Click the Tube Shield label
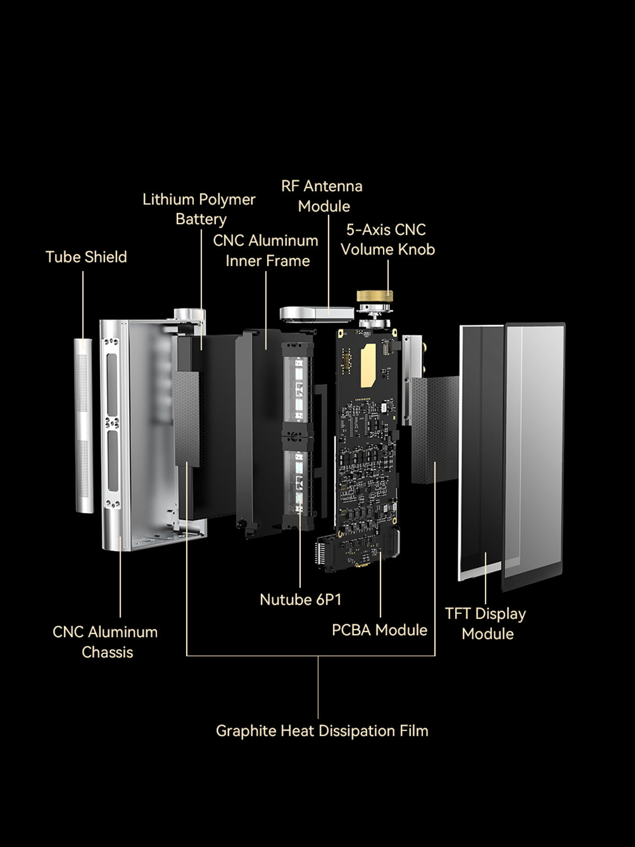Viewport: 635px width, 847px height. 86,257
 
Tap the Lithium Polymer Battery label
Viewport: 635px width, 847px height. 199,209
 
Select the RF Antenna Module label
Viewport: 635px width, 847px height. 322,196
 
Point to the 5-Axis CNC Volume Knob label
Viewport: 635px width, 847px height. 387,239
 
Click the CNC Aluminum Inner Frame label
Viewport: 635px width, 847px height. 266,250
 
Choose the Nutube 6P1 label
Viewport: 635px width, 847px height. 301,599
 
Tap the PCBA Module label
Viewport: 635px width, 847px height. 379,630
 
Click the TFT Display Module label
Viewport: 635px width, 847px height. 486,624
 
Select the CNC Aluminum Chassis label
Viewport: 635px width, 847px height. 105,642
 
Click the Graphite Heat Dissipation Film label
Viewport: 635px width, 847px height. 322,731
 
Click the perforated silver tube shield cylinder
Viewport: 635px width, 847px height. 84,426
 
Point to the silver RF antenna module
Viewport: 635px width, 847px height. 316,313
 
